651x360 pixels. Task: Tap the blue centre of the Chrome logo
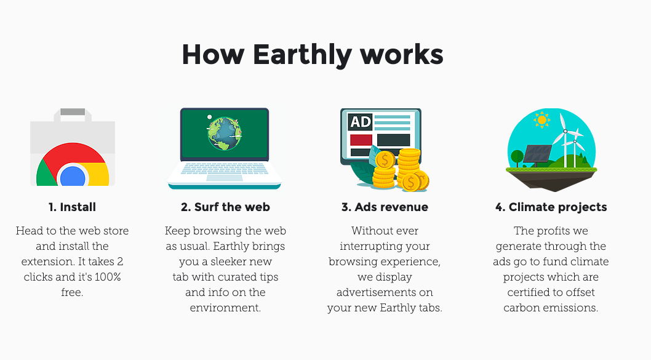pos(73,177)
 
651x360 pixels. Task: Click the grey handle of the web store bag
pos(73,112)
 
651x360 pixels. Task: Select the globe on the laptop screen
pos(225,134)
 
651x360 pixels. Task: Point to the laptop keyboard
pos(225,168)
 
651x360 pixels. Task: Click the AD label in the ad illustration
pos(360,122)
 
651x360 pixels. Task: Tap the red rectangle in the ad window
pos(361,140)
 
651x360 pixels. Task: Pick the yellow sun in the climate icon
pos(541,120)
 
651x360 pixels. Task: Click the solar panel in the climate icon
pos(538,154)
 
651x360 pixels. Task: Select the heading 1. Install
pos(72,207)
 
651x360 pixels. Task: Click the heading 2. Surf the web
pos(225,207)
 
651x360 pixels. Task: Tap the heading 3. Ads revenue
pos(385,207)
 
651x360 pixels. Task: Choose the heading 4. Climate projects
pos(551,207)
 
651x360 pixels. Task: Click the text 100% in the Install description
pos(108,277)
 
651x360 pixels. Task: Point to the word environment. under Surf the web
pos(225,308)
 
